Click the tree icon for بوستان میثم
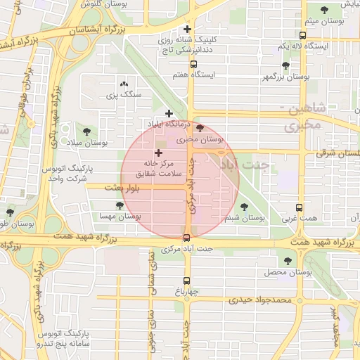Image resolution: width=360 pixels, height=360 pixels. coord(323,10)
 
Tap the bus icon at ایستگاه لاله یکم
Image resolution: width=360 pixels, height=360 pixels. coord(302,35)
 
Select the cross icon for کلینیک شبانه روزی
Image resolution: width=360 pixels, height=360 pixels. coord(187,30)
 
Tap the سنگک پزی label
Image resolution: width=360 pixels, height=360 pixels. coord(129,93)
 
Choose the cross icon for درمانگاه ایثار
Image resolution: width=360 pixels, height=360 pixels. coord(169,113)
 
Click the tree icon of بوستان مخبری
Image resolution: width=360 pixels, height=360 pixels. coord(201,128)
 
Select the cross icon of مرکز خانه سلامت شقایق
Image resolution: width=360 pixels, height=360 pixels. coord(157,152)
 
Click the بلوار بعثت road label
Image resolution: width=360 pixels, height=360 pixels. coord(124,188)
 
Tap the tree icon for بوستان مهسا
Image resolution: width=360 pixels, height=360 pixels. coord(119,205)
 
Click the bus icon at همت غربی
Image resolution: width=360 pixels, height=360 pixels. coord(300,208)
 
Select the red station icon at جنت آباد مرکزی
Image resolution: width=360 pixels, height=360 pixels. coord(186,238)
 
